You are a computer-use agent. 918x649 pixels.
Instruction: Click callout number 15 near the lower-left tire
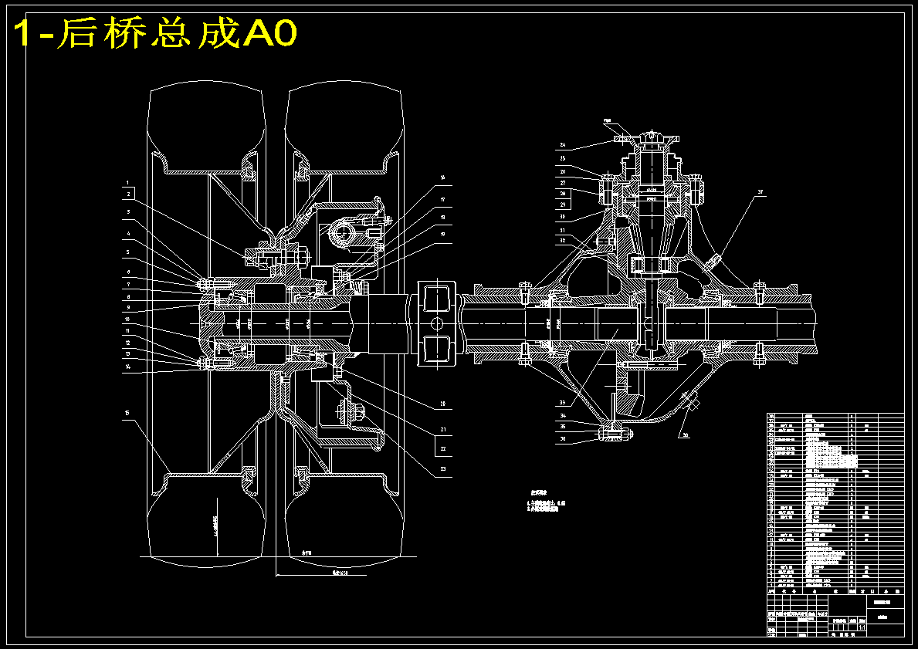[x=127, y=414]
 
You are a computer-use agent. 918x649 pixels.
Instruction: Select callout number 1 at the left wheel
[x=129, y=184]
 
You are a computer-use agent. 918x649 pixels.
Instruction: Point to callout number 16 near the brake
[x=442, y=177]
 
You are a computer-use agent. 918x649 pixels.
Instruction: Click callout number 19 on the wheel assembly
[x=442, y=233]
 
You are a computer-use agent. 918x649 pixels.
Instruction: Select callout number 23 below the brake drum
[x=442, y=468]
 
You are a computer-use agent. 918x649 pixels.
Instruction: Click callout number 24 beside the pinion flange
[x=563, y=145]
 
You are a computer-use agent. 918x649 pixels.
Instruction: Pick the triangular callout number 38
[x=685, y=434]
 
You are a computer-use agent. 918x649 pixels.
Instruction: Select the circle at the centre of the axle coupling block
[x=437, y=323]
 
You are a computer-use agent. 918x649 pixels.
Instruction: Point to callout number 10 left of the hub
[x=127, y=319]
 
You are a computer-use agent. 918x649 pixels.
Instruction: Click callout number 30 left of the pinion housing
[x=563, y=217]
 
